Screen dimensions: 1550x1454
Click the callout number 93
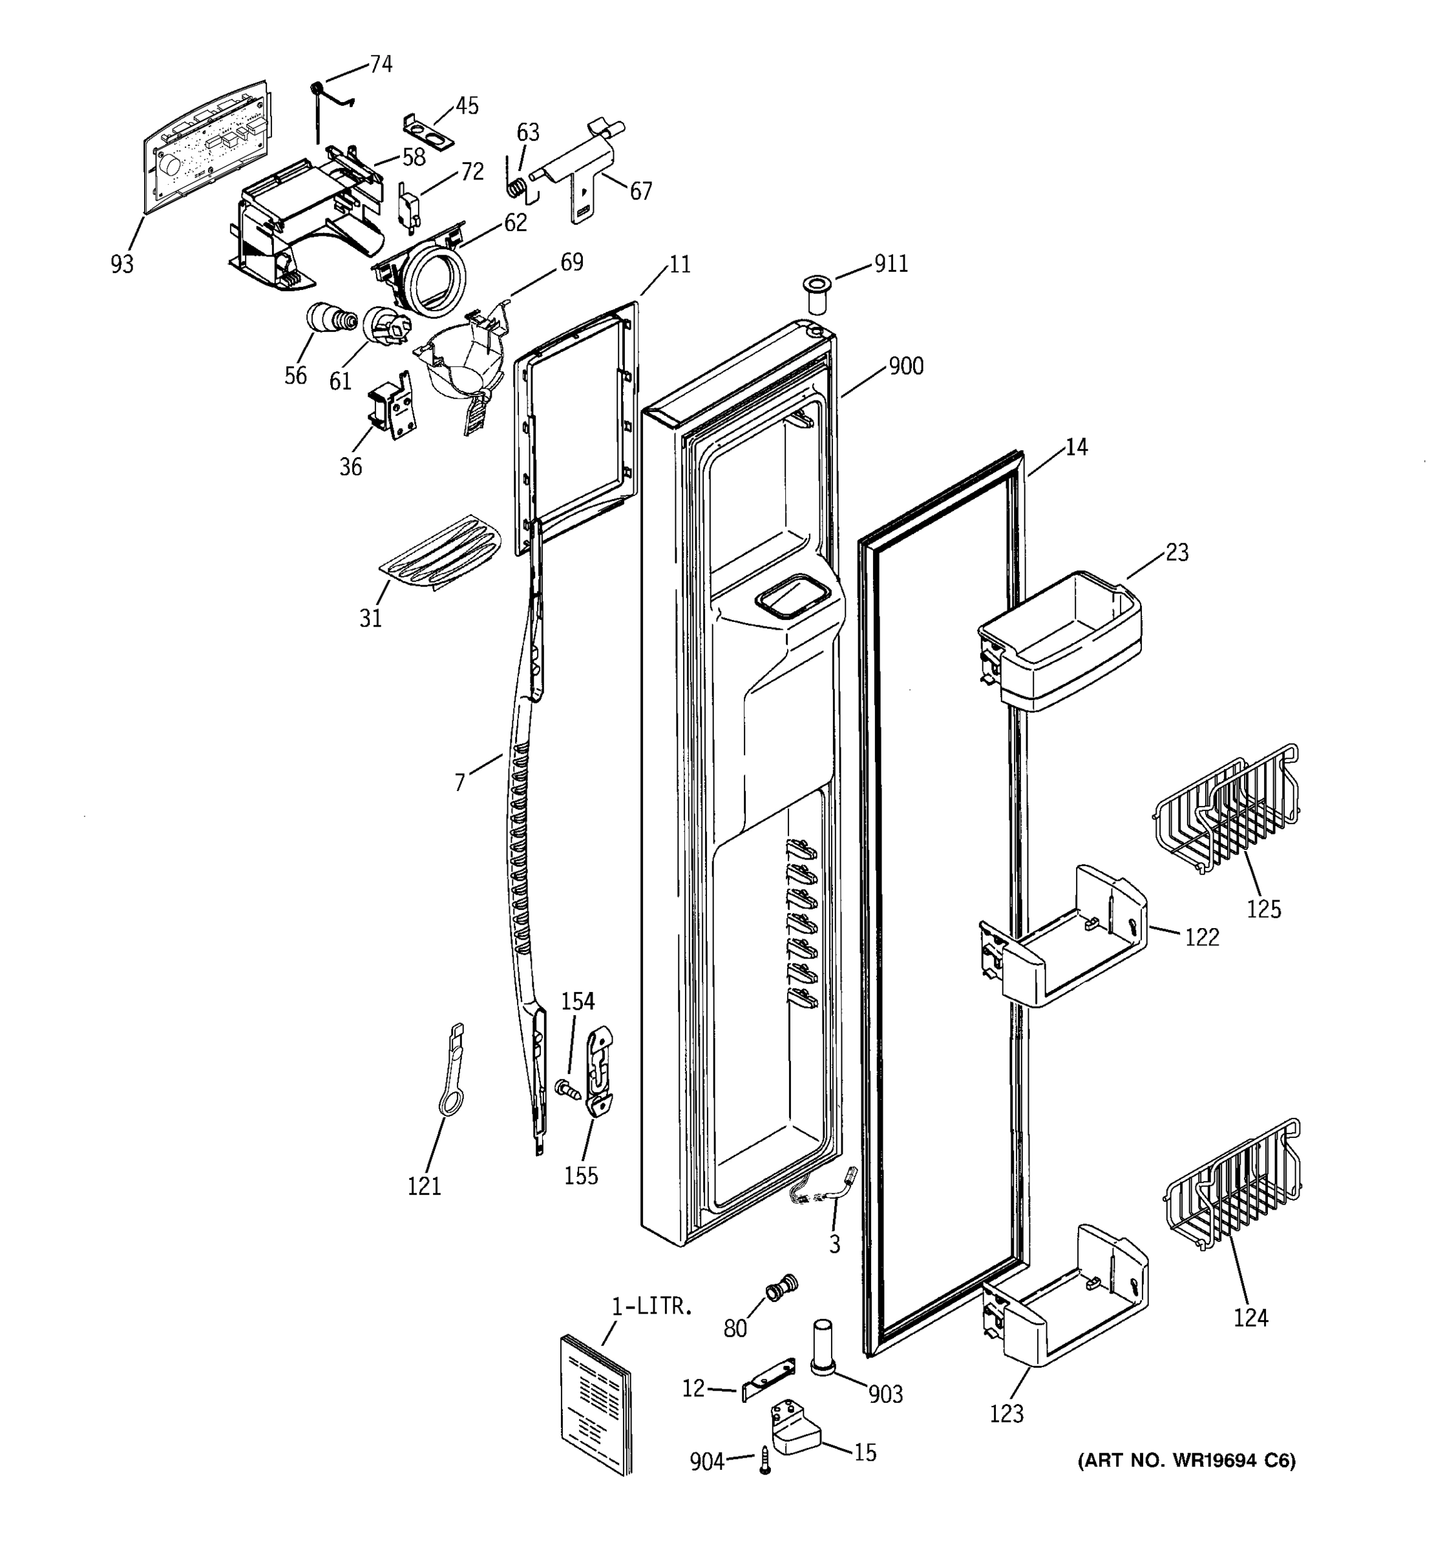(x=121, y=265)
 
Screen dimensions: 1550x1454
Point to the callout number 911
(x=890, y=264)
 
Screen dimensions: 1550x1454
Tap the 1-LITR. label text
(x=651, y=1306)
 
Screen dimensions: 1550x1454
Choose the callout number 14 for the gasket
(x=1076, y=447)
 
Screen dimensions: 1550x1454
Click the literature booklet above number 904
(x=595, y=1403)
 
